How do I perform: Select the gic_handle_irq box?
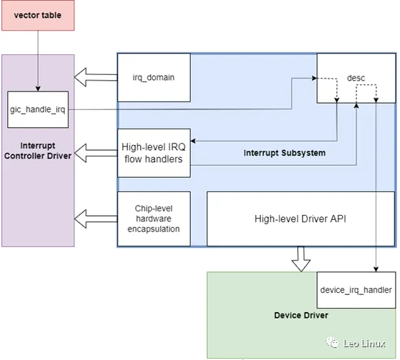point(37,109)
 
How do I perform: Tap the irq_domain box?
point(154,77)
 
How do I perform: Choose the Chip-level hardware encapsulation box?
point(154,219)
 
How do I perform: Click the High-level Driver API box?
point(299,219)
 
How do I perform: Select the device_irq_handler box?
point(355,290)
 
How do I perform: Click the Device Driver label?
point(300,315)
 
